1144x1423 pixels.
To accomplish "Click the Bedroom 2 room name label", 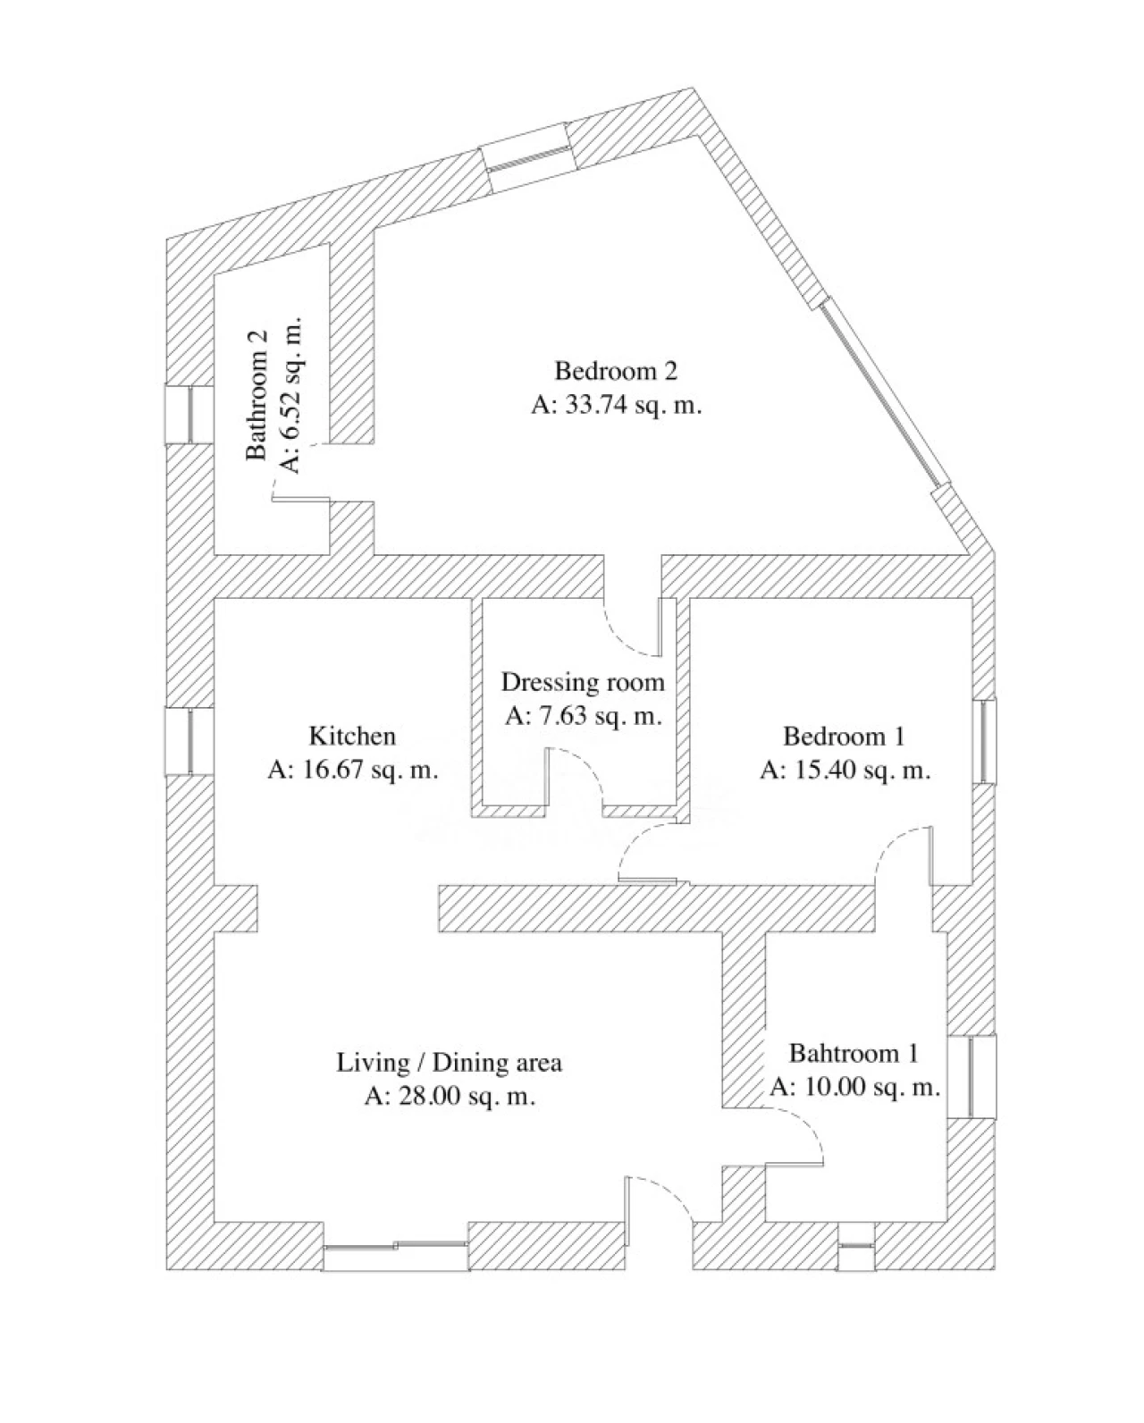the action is click(616, 371).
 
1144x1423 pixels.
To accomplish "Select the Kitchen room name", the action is click(352, 736).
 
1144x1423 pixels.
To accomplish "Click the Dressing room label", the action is click(583, 682).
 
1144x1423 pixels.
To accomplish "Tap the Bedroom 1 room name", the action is click(844, 736).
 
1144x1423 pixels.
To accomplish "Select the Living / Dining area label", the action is click(449, 1063).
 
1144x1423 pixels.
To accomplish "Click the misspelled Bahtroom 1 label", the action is click(854, 1053).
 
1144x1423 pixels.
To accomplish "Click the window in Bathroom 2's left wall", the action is click(189, 415).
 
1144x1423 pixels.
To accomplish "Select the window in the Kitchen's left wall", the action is click(189, 741).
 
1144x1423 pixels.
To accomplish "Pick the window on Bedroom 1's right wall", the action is click(985, 741).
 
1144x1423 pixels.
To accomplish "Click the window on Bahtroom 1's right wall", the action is click(972, 1076).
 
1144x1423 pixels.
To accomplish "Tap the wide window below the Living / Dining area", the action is click(396, 1246).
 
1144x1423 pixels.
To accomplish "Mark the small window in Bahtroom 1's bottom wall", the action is click(855, 1246).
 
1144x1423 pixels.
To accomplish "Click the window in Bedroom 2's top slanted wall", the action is click(527, 159).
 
